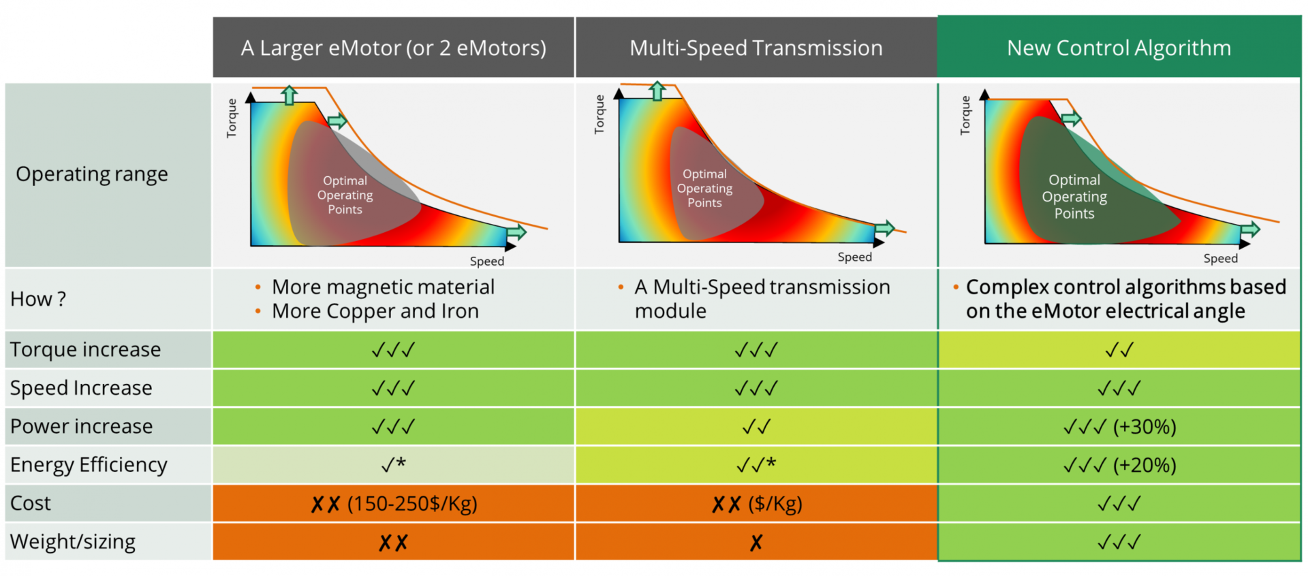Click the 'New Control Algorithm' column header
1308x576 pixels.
pyautogui.click(x=1119, y=48)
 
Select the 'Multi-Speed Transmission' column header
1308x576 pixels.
pyautogui.click(x=756, y=48)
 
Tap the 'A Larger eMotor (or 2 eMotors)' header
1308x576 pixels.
pyautogui.click(x=393, y=48)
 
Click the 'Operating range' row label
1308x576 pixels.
pyautogui.click(x=92, y=174)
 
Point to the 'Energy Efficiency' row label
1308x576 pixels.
pyautogui.click(x=89, y=465)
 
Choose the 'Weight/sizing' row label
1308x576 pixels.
pyautogui.click(x=73, y=542)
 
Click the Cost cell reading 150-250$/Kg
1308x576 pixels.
pyautogui.click(x=394, y=504)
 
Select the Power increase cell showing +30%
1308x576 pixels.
pyautogui.click(x=1119, y=427)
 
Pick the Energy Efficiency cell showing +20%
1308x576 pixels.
pyautogui.click(x=1119, y=466)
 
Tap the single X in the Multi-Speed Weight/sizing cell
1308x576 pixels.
pyautogui.click(x=756, y=543)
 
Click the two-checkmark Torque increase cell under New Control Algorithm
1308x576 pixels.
pyautogui.click(x=1119, y=350)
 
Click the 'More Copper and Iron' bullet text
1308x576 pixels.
pyautogui.click(x=375, y=311)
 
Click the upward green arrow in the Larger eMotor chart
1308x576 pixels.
pyautogui.click(x=290, y=95)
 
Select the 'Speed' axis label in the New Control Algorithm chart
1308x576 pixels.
pyautogui.click(x=1220, y=259)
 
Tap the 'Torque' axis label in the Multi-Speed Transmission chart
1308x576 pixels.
pyautogui.click(x=599, y=114)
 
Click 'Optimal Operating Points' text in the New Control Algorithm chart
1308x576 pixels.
pyautogui.click(x=1074, y=197)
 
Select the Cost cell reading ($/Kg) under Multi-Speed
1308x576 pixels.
pyautogui.click(x=756, y=504)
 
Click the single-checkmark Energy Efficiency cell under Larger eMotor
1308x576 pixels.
pyautogui.click(x=394, y=465)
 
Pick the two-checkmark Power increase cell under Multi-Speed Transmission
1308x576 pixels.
pyautogui.click(x=756, y=427)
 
